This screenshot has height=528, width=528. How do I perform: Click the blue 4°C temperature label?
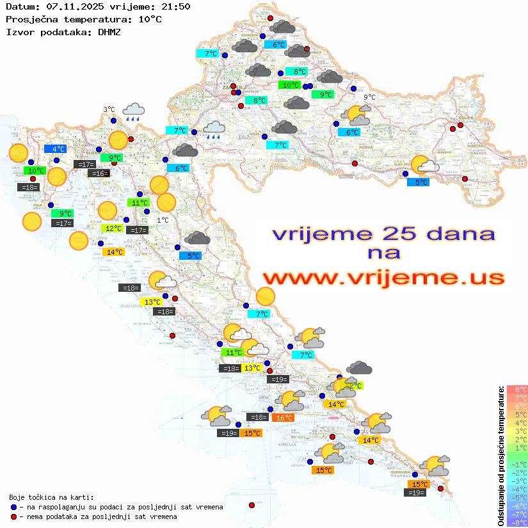54,149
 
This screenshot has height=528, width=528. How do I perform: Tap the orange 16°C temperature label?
282,418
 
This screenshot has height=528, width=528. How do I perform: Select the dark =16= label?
99,173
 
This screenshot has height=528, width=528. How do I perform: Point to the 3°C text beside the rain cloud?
109,109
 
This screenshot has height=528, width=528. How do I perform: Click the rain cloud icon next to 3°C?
134,112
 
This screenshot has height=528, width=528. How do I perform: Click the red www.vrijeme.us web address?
383,278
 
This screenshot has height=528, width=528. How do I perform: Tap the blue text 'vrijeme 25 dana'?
383,234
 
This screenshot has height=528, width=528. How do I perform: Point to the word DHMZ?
108,31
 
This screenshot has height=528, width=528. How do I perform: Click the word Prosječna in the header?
30,19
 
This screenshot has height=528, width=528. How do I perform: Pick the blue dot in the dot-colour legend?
14,507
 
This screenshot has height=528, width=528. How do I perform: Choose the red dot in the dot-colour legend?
14,516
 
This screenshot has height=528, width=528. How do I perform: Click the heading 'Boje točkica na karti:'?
51,497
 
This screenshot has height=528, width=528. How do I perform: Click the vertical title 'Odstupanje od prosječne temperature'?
500,456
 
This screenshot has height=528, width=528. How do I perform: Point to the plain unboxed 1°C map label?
163,220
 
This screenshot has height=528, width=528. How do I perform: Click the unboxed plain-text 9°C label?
369,97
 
